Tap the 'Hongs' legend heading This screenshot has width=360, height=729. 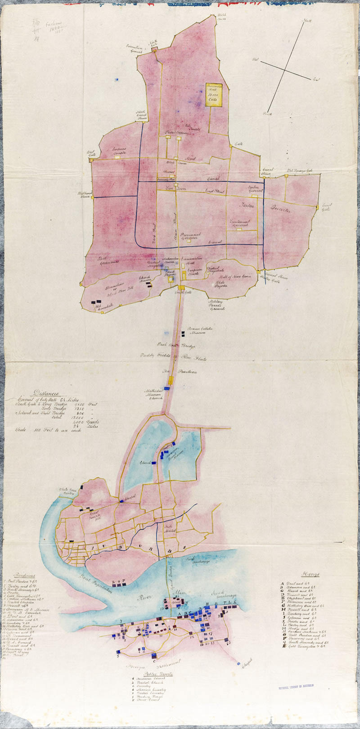pos(311,574)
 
